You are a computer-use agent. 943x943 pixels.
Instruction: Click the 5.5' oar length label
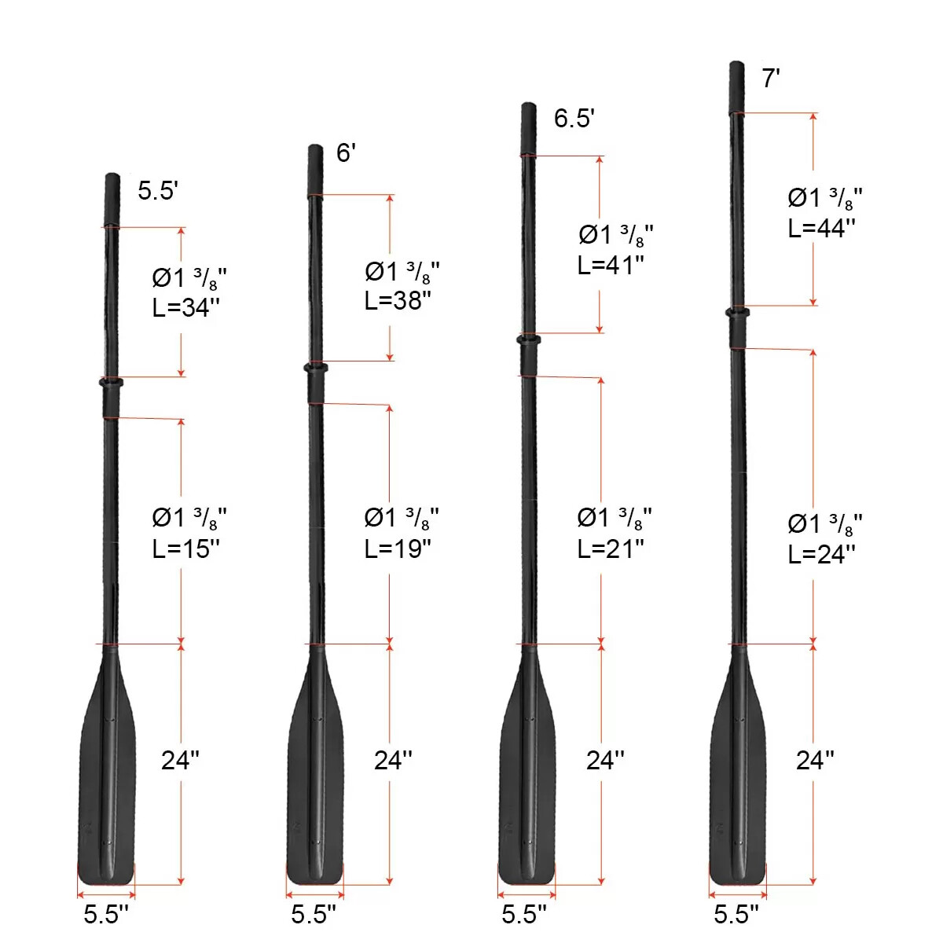click(158, 190)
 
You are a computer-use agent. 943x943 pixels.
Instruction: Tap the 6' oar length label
click(346, 152)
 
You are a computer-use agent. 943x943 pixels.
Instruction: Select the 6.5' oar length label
click(574, 118)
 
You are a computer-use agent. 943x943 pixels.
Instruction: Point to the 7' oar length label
click(771, 79)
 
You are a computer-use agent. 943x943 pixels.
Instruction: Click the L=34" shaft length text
click(186, 308)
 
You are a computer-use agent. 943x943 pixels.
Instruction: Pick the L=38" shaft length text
click(398, 300)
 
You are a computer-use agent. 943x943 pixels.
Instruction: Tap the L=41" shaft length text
click(611, 266)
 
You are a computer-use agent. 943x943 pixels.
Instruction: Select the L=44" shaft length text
click(822, 228)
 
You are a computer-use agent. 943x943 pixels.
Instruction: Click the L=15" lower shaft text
click(186, 549)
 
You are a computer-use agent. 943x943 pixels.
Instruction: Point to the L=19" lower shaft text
click(398, 549)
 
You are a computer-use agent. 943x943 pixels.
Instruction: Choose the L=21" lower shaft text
click(611, 549)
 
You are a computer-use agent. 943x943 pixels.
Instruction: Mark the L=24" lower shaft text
click(822, 554)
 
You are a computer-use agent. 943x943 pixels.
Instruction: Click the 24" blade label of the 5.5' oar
click(180, 760)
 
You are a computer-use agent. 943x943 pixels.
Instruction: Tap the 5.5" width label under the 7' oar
click(736, 914)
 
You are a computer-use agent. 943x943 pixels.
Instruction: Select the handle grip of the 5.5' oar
click(112, 200)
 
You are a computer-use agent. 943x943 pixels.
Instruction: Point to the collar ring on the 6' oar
click(315, 367)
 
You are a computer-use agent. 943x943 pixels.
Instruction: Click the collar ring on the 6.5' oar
click(528, 339)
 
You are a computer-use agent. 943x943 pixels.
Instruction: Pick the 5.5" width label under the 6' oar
click(314, 914)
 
